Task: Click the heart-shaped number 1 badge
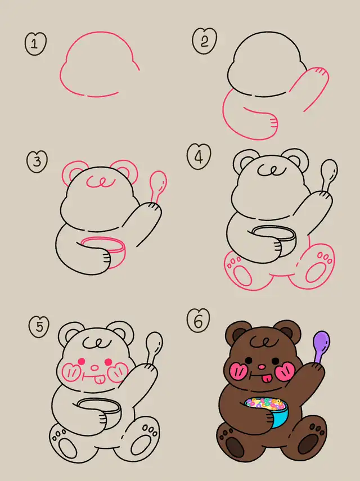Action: tap(35, 43)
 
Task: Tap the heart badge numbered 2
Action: tap(205, 41)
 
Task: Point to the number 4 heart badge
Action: tap(199, 157)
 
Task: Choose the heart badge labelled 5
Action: tap(39, 327)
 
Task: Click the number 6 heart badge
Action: tap(199, 320)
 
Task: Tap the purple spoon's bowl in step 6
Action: tap(322, 341)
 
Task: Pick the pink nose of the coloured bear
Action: tap(261, 367)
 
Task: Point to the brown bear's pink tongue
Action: tap(267, 378)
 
